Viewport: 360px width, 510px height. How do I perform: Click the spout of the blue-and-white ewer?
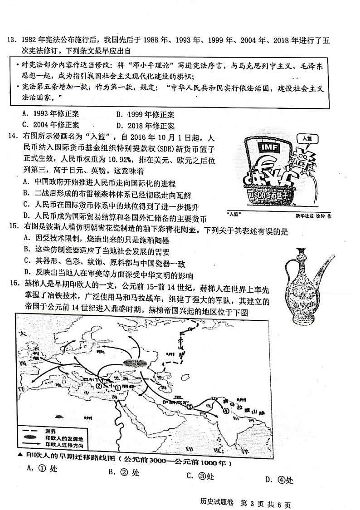(325, 264)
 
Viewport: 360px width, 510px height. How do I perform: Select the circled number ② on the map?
(97, 386)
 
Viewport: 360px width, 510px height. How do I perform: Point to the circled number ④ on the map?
(225, 411)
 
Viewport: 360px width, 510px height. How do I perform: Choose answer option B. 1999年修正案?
(145, 115)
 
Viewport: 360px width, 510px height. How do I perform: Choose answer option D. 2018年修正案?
(145, 126)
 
